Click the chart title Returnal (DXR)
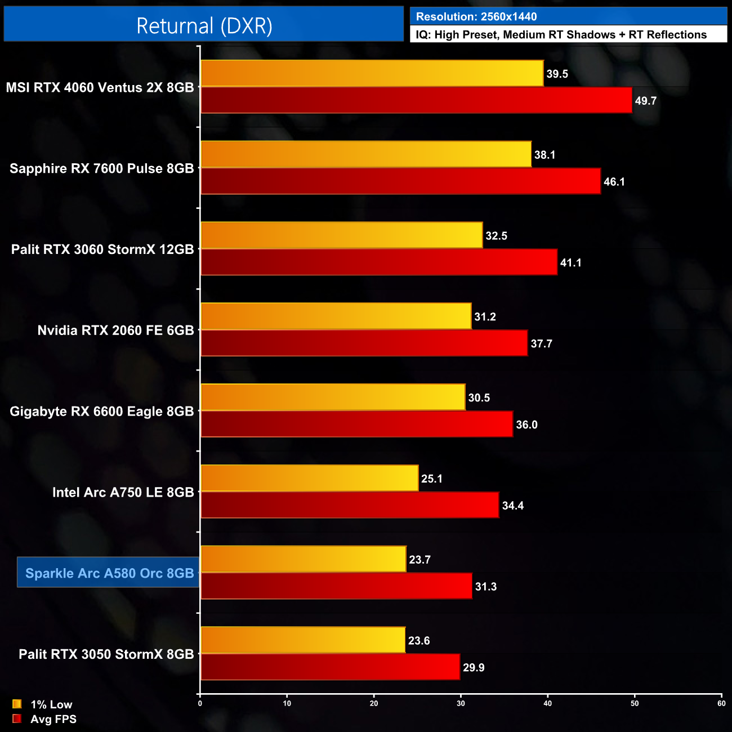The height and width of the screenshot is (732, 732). point(204,26)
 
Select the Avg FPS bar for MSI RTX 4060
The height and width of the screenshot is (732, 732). point(416,100)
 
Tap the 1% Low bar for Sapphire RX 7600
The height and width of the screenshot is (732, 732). point(366,154)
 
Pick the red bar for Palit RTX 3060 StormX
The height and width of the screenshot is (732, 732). point(379,262)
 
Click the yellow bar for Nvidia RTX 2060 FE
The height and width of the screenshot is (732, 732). point(336,316)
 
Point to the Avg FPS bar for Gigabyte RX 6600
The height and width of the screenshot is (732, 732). point(357,424)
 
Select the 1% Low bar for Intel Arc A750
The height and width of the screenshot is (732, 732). point(310,478)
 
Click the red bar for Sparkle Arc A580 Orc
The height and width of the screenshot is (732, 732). point(336,586)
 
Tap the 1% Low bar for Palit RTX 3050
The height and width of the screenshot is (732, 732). point(303,640)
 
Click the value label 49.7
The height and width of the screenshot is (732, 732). point(645,101)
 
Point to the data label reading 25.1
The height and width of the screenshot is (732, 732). point(431,479)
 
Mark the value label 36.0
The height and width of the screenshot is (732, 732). point(526,425)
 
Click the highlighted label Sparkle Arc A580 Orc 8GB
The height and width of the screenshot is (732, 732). point(109,573)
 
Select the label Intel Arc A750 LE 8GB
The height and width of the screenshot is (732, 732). point(123,492)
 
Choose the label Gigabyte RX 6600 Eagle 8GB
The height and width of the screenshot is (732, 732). point(101,411)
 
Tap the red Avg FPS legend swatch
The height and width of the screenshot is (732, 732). point(17,719)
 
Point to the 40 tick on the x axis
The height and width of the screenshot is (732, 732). point(548,703)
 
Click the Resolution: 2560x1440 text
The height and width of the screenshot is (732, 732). point(476,17)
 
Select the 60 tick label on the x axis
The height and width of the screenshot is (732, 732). point(721,703)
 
